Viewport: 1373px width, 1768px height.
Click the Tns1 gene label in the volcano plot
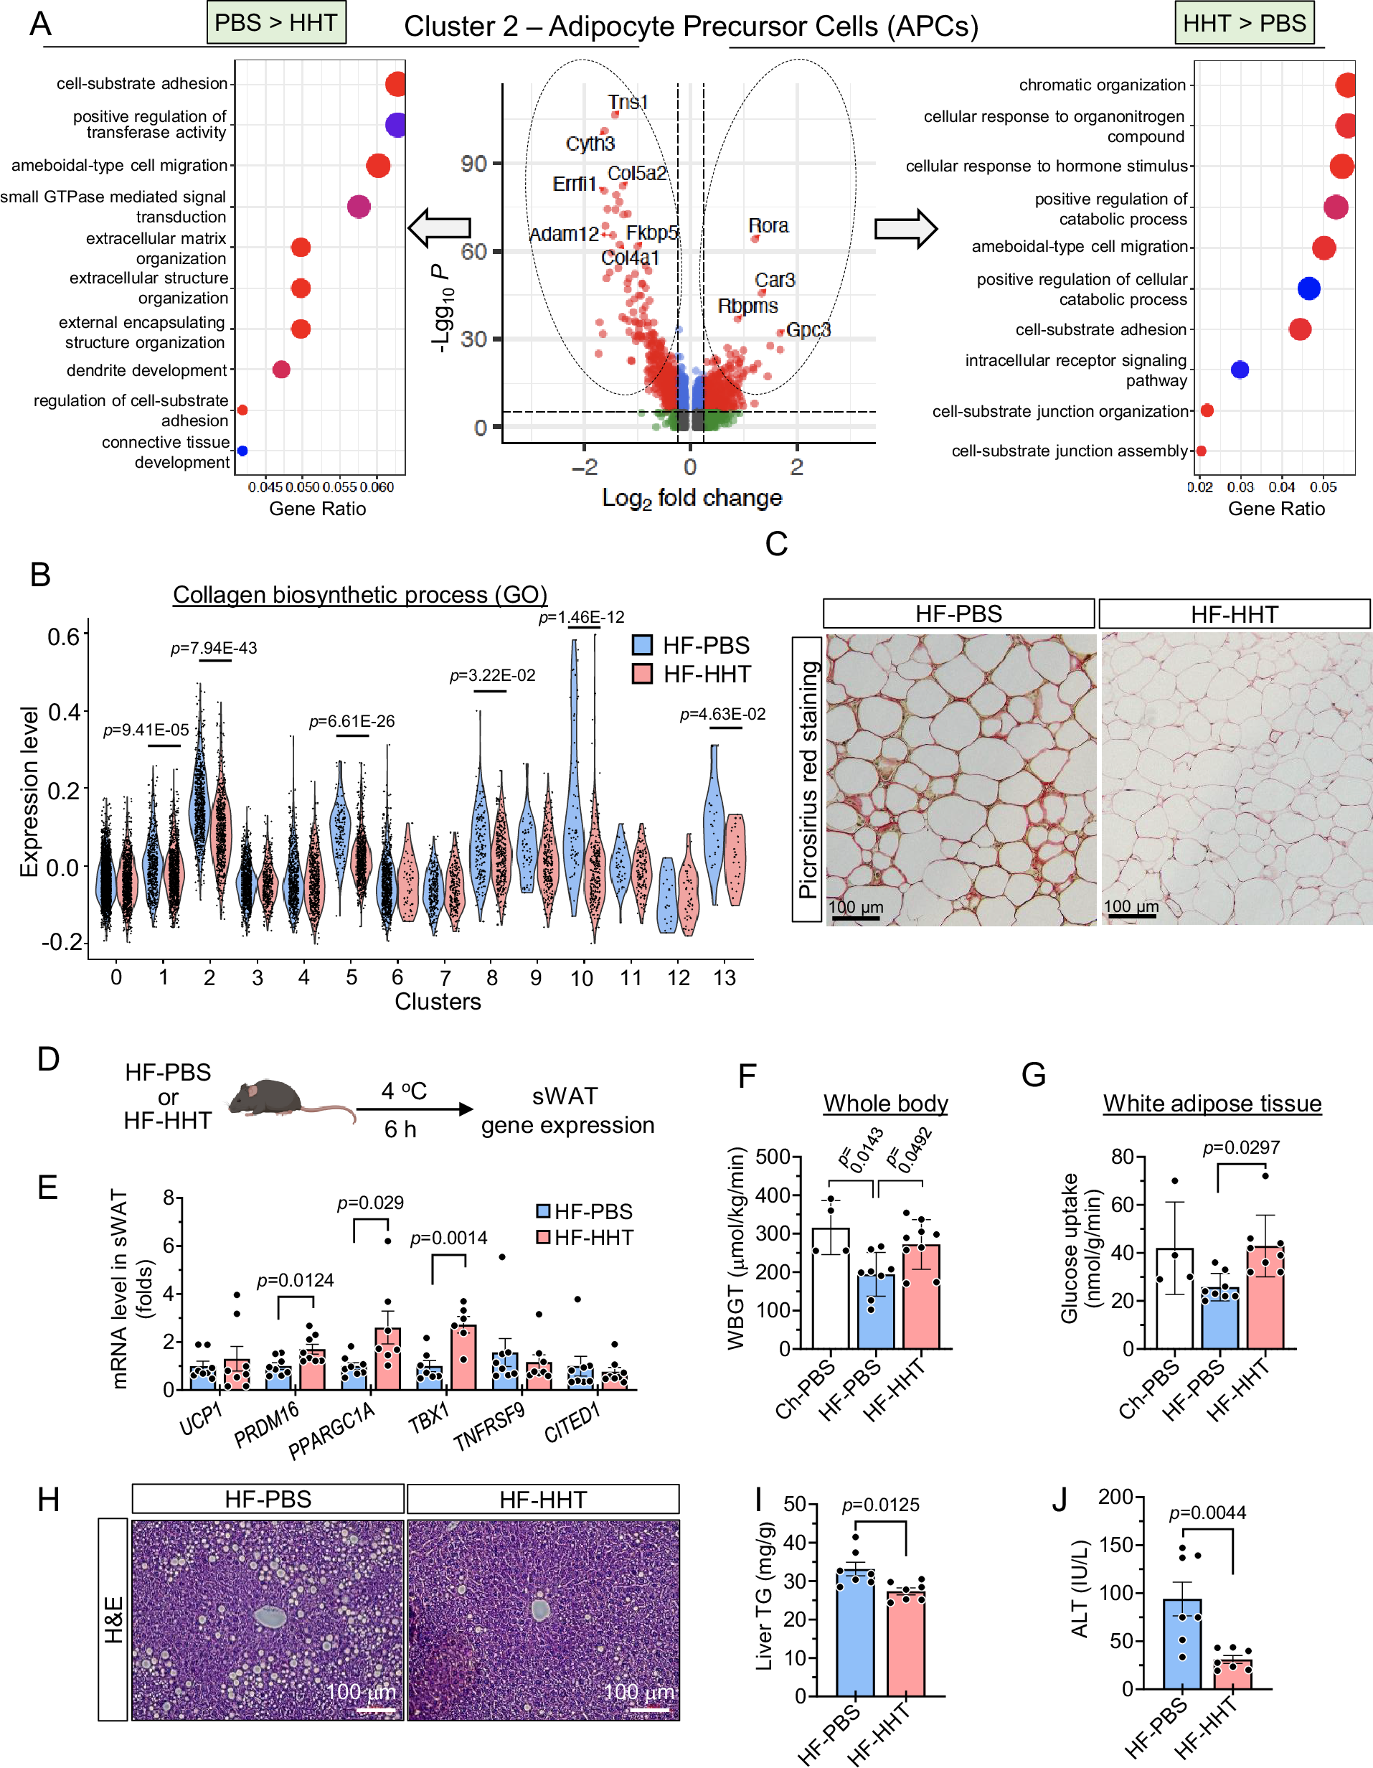[628, 102]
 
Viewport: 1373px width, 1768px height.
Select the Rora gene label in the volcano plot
[768, 225]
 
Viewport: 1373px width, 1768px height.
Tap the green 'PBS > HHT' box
[276, 23]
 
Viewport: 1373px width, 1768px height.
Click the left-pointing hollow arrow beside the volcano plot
[439, 227]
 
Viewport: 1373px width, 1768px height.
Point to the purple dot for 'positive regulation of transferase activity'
[395, 125]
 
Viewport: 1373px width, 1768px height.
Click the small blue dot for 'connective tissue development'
[242, 451]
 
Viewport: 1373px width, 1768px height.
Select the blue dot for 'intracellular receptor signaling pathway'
[1240, 370]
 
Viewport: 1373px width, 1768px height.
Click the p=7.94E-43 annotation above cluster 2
[214, 648]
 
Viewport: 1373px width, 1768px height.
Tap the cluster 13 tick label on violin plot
[724, 978]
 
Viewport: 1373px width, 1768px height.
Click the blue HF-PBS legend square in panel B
[642, 645]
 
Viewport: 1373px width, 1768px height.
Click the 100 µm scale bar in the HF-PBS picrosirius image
[855, 917]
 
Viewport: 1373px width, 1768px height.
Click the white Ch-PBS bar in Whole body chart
[831, 1287]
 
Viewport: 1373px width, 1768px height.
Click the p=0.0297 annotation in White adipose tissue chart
[1240, 1148]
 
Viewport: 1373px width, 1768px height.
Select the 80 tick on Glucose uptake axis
[1121, 1156]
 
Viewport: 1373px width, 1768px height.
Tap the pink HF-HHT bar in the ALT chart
[1232, 1673]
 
